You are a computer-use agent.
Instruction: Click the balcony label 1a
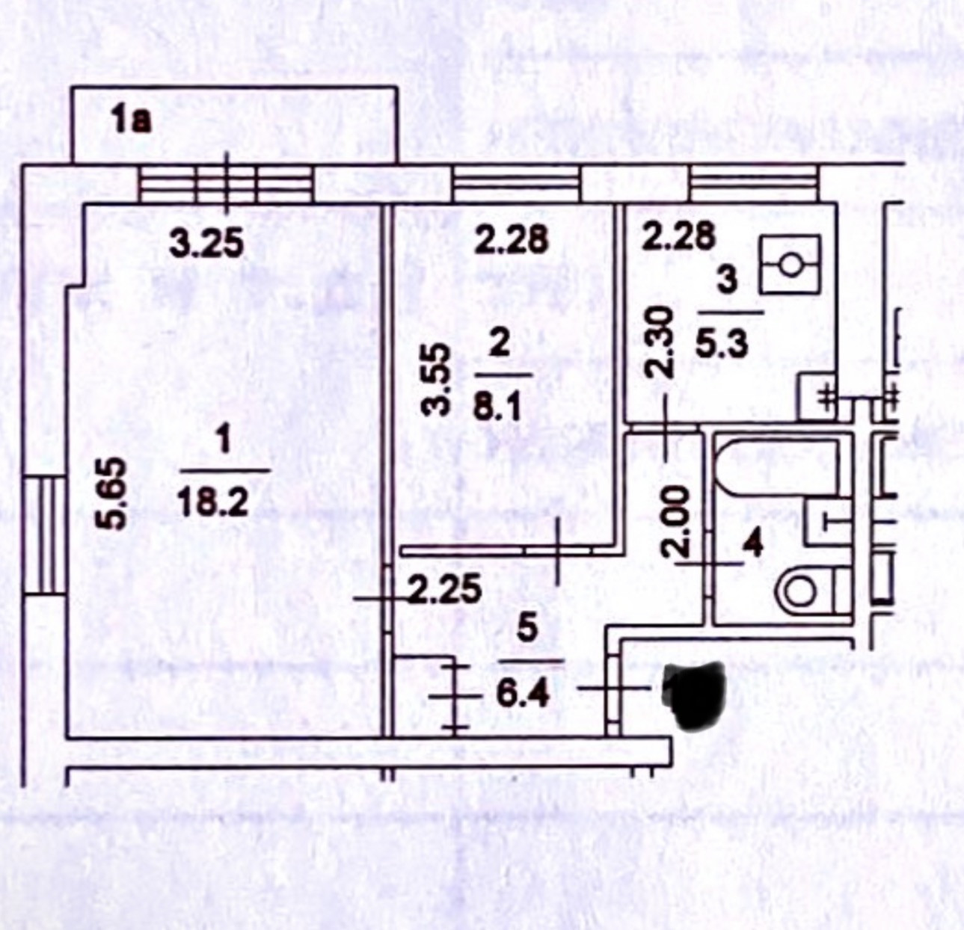(131, 120)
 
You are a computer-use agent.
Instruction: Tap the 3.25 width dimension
(206, 244)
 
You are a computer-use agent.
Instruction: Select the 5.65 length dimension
(114, 495)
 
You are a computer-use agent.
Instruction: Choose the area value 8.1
(497, 407)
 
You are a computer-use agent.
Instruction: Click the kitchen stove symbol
(790, 264)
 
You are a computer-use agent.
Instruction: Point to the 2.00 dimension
(675, 520)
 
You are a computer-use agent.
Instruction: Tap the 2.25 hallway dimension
(444, 591)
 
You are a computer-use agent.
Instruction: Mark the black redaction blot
(694, 694)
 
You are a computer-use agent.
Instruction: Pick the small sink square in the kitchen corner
(817, 395)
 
